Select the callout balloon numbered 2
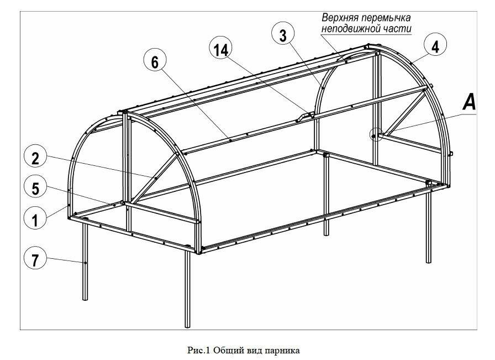(x=35, y=158)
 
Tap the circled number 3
(x=283, y=35)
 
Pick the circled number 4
(x=435, y=46)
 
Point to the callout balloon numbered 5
(x=35, y=189)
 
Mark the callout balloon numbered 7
(x=35, y=259)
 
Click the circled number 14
(x=220, y=50)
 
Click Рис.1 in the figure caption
(x=198, y=350)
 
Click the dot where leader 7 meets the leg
(x=85, y=263)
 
